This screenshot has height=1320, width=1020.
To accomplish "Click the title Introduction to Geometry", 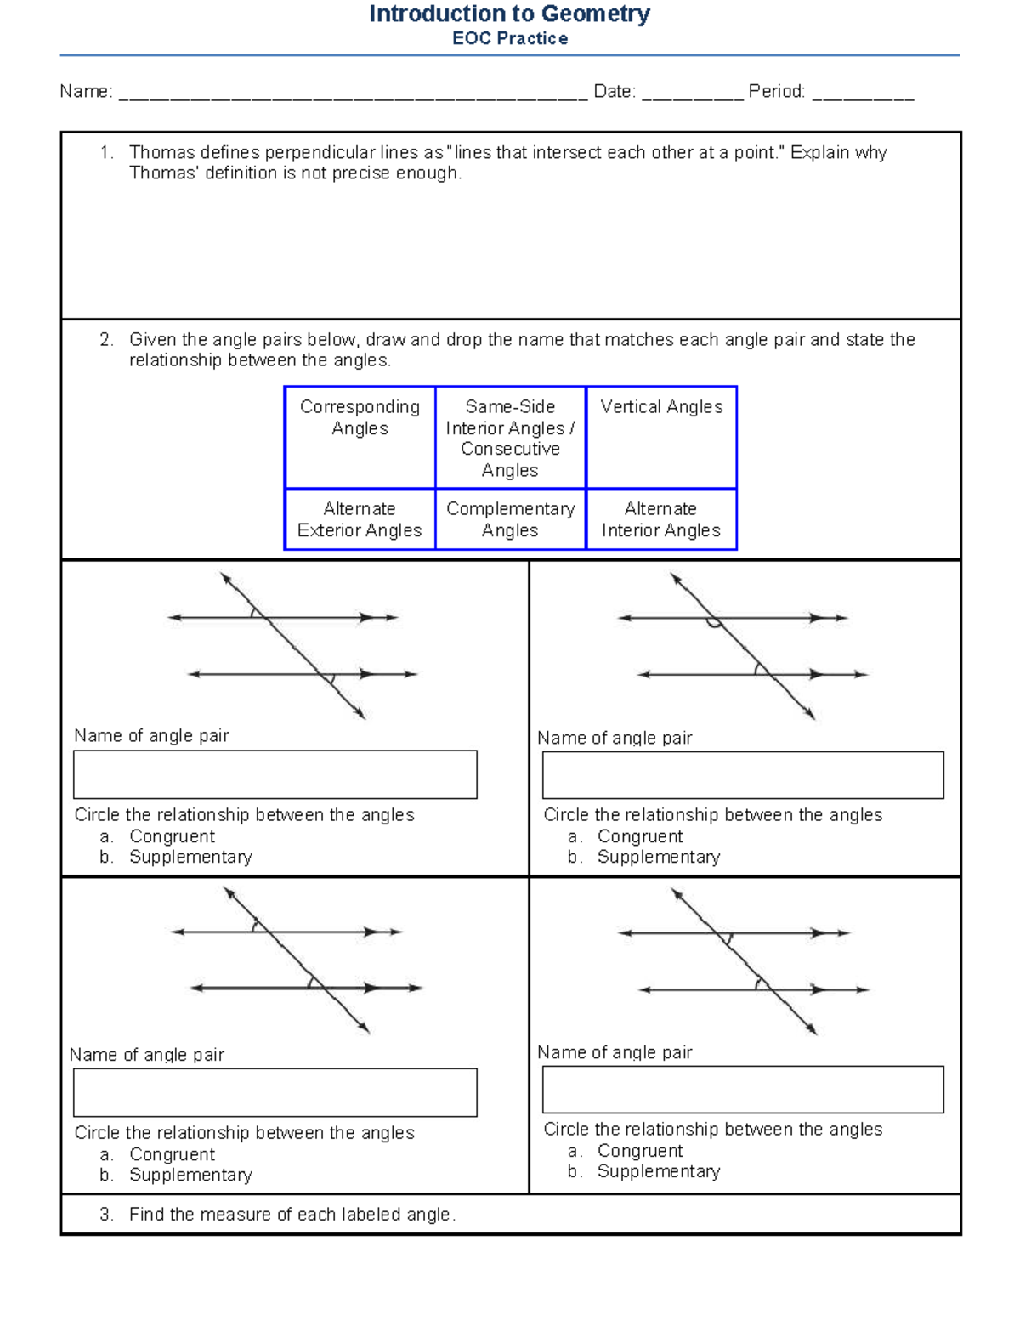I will (509, 14).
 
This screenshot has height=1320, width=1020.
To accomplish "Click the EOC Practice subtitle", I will (510, 38).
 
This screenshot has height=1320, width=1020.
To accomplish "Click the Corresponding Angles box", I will (360, 437).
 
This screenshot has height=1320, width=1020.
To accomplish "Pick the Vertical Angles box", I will (661, 437).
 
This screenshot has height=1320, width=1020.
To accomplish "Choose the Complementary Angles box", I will (510, 519).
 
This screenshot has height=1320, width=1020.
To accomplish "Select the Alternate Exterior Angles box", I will (360, 519).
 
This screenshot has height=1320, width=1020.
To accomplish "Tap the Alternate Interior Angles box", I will (661, 519).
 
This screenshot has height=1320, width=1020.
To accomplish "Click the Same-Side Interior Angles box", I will (510, 437).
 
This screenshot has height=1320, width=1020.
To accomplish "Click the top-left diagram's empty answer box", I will (275, 774).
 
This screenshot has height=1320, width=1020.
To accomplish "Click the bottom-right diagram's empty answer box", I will (743, 1089).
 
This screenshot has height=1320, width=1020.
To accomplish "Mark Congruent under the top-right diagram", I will (639, 836).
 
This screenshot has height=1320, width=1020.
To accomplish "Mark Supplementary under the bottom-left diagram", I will (190, 1175).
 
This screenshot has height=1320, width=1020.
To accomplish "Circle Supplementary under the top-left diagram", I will (190, 857).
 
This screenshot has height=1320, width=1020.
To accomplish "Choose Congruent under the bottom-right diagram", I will (639, 1151).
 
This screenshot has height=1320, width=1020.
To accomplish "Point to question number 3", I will (105, 1215).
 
